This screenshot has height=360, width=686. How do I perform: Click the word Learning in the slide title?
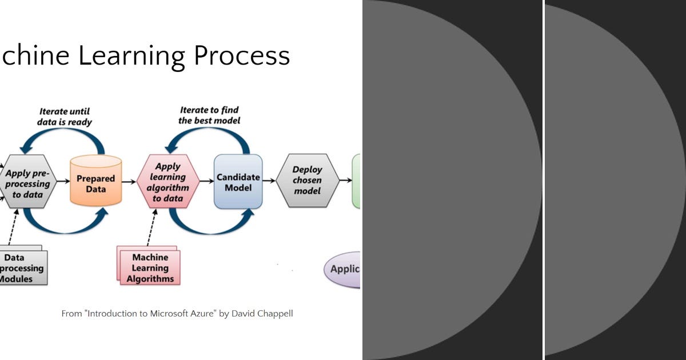click(x=131, y=56)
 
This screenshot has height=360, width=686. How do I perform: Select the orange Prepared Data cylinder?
click(x=95, y=182)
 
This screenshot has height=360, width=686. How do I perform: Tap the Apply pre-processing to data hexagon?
click(x=27, y=183)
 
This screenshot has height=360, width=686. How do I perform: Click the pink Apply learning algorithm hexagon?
click(x=167, y=182)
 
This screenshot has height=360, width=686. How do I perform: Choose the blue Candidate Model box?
click(x=238, y=182)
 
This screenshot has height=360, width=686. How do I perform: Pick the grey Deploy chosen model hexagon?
click(x=308, y=180)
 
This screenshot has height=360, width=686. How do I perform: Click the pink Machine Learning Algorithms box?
click(x=150, y=267)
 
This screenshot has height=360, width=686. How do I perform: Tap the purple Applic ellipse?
click(x=343, y=269)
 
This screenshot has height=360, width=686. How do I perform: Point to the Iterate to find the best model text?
click(x=209, y=115)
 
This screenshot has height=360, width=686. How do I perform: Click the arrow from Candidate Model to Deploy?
click(x=269, y=181)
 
